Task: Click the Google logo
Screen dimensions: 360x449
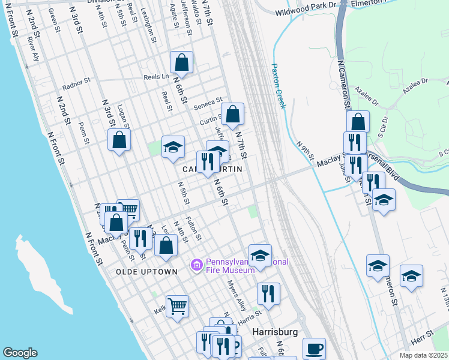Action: pos(20,353)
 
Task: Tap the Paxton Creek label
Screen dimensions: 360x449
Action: pos(278,86)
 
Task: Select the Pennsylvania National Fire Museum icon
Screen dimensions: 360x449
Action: pos(196,265)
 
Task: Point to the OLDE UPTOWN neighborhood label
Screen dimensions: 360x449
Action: pos(147,272)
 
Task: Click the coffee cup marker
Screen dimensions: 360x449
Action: pos(314,348)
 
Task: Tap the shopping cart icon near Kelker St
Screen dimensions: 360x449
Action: pos(177,306)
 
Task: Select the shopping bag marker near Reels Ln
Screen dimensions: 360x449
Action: pos(181,62)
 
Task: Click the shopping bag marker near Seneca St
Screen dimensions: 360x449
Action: pos(233,113)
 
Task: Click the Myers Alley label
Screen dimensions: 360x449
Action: pos(237,296)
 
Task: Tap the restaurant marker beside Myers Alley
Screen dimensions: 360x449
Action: pos(268,293)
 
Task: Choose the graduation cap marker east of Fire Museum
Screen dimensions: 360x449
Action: pos(260,255)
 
